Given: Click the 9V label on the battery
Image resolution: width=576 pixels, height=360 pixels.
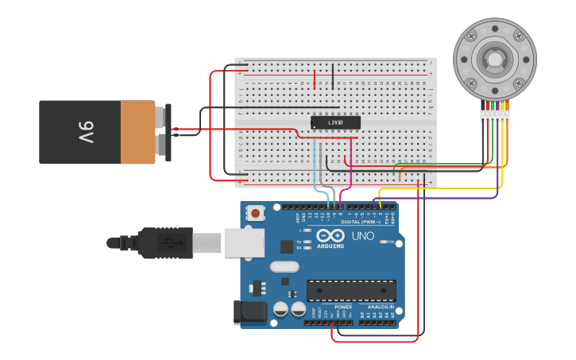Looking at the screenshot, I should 85,131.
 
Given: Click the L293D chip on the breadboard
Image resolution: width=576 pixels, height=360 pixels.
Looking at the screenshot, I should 335,122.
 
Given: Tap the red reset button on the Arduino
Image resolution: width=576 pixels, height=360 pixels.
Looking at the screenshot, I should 255,212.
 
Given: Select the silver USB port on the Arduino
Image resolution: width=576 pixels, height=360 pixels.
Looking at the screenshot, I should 243,242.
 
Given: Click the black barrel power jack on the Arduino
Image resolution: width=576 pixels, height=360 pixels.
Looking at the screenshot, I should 249,312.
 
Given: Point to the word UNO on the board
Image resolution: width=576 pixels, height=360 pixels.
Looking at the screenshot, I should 363,236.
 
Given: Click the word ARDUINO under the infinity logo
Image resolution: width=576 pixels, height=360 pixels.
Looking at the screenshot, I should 331,246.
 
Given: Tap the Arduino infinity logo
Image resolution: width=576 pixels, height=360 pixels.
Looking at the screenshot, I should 330,235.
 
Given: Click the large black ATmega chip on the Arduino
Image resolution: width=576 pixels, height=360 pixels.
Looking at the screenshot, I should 351,291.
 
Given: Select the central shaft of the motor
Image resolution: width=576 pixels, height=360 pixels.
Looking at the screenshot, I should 494,60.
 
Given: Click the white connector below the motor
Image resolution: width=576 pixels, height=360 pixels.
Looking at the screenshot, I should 495,116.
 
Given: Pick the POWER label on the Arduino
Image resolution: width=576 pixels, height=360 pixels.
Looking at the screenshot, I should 343,307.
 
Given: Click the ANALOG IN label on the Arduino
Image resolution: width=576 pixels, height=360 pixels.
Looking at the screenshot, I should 380,307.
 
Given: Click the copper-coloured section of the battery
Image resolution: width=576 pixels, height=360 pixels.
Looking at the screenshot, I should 137,132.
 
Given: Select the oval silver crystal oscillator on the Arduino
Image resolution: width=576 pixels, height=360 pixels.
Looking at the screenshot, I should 284,266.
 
